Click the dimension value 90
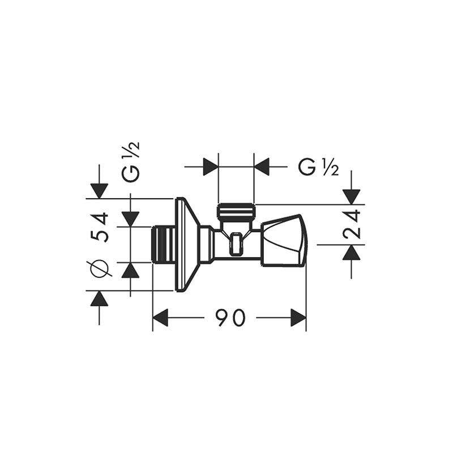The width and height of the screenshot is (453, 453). [230, 318]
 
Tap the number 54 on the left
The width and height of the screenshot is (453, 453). [100, 227]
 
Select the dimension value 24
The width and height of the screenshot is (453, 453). [352, 224]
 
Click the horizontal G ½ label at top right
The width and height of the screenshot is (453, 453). [318, 167]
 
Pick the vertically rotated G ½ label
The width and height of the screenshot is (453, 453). [131, 163]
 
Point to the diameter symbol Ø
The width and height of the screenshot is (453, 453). [100, 268]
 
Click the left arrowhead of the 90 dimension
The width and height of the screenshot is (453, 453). [161, 318]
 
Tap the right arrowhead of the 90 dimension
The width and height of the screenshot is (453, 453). [298, 318]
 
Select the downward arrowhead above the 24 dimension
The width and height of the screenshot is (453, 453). [352, 196]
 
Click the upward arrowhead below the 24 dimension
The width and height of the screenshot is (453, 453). [352, 253]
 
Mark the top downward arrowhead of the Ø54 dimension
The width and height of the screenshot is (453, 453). [99, 191]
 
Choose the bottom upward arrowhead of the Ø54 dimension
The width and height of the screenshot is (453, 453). [99, 298]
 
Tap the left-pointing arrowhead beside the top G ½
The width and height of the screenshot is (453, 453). [262, 167]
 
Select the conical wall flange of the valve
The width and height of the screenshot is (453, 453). [187, 245]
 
